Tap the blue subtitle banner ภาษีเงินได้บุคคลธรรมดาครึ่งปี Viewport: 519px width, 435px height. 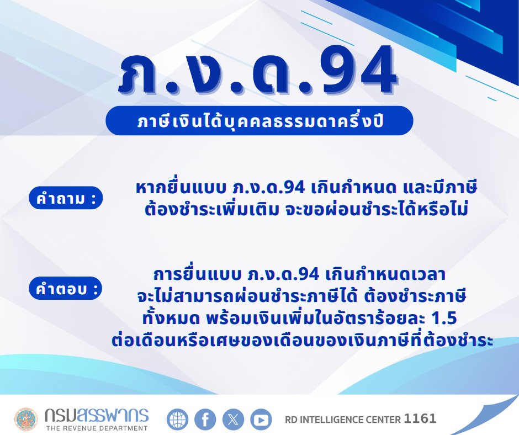tap(259, 120)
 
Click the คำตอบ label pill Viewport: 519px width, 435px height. tap(66, 288)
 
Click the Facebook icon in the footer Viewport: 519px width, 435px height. tap(205, 420)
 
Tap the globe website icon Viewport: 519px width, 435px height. tap(177, 420)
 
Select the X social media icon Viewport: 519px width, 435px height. tap(233, 420)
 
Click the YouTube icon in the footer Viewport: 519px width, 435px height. tap(261, 420)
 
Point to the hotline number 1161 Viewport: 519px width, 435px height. tap(420, 419)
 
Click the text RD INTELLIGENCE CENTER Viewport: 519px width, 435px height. tap(342, 420)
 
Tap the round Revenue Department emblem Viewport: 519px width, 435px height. tap(26, 420)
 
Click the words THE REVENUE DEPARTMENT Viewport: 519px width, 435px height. tap(96, 428)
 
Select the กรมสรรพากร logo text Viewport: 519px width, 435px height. tap(96, 415)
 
